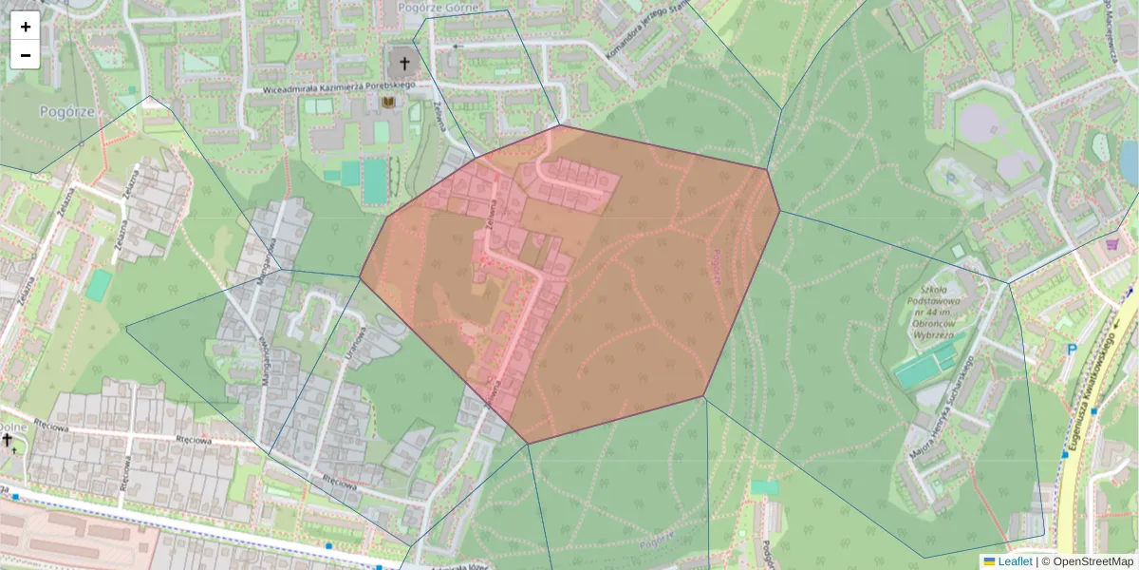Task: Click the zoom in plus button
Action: click(25, 27)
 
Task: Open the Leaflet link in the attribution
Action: click(1015, 561)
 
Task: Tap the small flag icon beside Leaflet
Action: click(989, 561)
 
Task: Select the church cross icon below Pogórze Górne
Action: click(404, 64)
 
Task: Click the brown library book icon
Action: click(387, 101)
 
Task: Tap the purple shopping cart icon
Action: click(1111, 244)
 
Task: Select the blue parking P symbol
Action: click(1072, 350)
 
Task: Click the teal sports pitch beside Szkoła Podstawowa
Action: click(925, 366)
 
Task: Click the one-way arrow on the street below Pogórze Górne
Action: click(458, 45)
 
